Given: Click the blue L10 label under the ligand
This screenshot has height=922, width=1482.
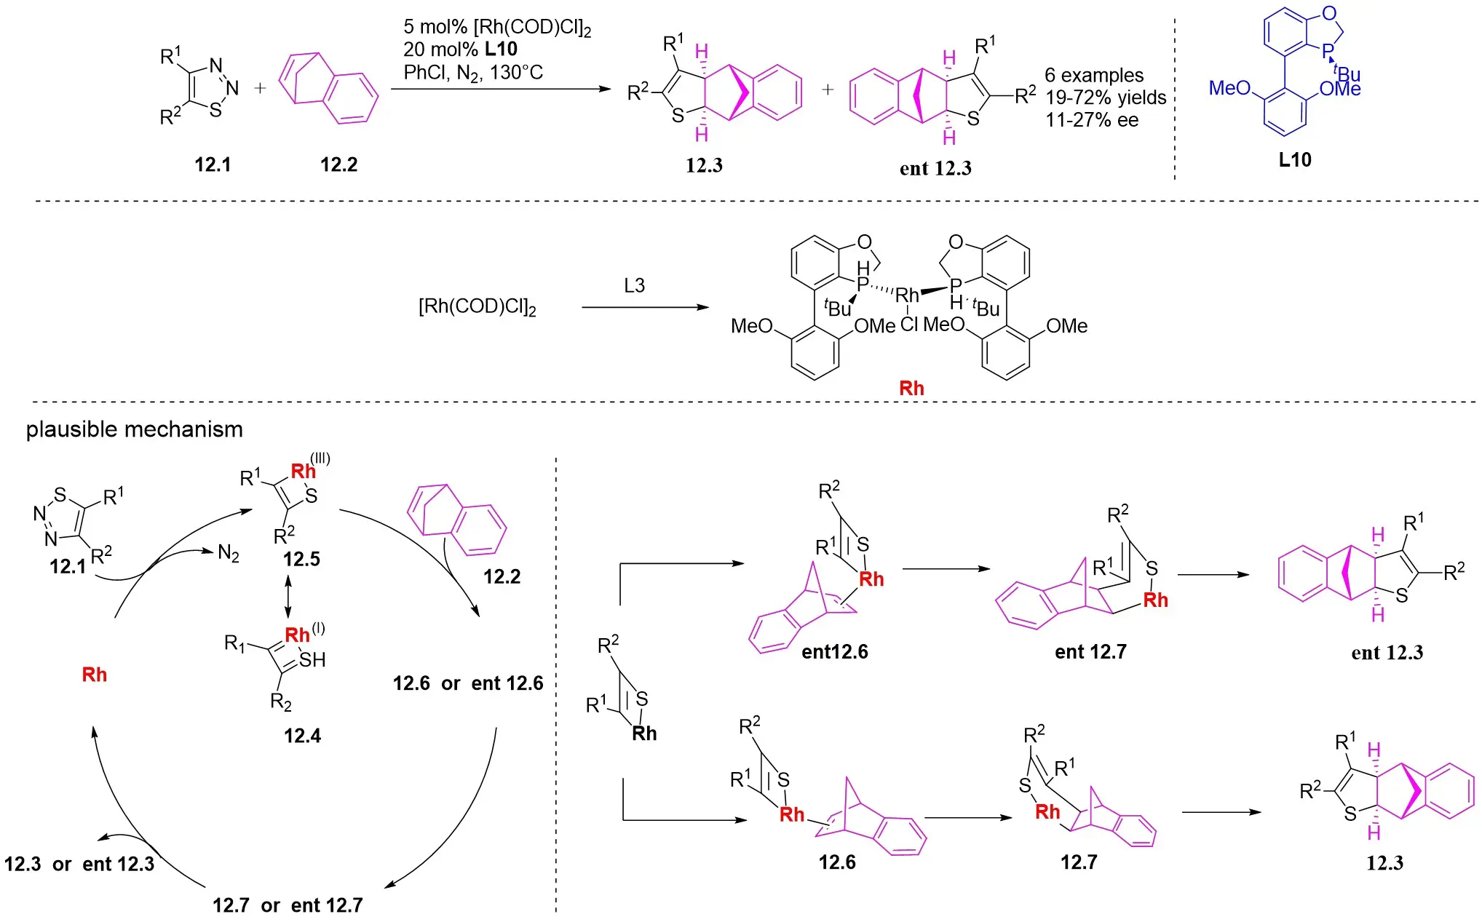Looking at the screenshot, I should coord(1295,159).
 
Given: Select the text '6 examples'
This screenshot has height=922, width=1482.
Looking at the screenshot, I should coord(1094,76).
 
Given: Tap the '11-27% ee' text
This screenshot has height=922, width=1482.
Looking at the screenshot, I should coord(1092,120).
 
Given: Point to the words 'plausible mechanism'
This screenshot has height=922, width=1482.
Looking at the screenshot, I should coord(135,429).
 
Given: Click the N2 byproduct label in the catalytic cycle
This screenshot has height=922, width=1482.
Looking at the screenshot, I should coord(229,554).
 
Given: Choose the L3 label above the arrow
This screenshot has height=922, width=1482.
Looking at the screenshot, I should coord(634,285).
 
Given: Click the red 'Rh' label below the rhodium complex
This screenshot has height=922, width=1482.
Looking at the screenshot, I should coord(911,388).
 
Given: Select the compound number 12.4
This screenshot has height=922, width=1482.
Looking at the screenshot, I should coord(302,736).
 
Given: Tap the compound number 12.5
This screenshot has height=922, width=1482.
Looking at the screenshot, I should coord(301,559).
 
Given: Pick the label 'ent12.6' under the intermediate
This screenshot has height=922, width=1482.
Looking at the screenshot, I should coord(834,651).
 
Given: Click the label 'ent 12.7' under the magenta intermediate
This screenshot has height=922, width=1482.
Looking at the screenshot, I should coord(1090,651).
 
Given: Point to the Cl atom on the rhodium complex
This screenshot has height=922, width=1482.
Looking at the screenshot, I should coord(909,324).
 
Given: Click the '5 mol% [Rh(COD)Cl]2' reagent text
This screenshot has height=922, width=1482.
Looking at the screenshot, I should coord(497,28).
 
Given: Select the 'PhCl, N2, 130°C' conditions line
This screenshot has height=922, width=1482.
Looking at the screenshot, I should coord(473,73).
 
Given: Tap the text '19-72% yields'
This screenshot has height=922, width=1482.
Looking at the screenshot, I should coord(1106,98).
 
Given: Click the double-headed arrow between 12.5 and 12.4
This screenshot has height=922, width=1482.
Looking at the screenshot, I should coord(288,597).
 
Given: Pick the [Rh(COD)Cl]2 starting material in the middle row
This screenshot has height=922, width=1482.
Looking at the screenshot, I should coord(477,306).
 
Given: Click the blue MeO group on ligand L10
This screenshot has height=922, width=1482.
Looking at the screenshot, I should coord(1229,88).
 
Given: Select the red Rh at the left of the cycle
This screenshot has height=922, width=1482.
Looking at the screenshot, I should coord(95,675).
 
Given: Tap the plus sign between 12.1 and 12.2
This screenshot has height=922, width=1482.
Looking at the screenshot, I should coord(260,89).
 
